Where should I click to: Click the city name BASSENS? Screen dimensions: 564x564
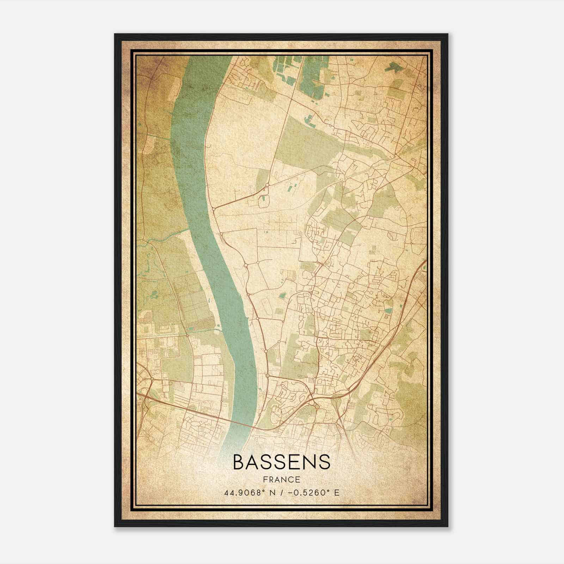[282, 462]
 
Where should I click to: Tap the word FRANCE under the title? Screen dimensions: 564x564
[282, 479]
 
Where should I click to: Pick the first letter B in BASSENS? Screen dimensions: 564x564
[239, 462]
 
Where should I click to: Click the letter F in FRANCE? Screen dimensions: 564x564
[265, 479]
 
